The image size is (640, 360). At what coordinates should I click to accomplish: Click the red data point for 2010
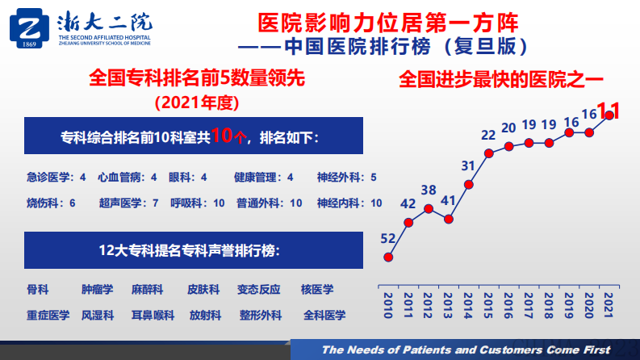pyautogui.click(x=388, y=257)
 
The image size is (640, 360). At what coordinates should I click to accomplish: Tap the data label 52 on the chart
pyautogui.click(x=388, y=238)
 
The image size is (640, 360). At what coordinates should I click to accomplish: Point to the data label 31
pyautogui.click(x=468, y=166)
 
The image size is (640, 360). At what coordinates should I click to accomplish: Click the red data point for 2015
pyautogui.click(x=488, y=153)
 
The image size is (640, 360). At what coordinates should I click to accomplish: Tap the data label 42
pyautogui.click(x=409, y=203)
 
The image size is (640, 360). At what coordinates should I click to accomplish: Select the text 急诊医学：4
pyautogui.click(x=56, y=177)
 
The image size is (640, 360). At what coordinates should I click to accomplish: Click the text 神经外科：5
pyautogui.click(x=347, y=177)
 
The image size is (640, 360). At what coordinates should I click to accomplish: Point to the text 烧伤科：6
pyautogui.click(x=51, y=203)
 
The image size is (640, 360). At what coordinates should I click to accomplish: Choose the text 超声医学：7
pyautogui.click(x=128, y=203)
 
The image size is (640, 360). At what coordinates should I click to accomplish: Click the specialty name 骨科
pyautogui.click(x=38, y=289)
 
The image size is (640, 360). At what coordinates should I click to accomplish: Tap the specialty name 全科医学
pyautogui.click(x=324, y=315)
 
